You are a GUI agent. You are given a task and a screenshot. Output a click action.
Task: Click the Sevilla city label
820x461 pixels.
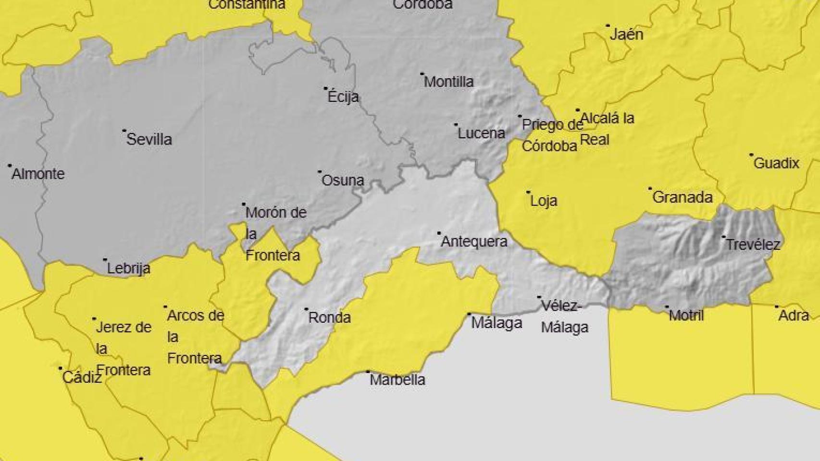(149, 139)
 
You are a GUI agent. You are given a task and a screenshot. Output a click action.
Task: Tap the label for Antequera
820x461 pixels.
(474, 242)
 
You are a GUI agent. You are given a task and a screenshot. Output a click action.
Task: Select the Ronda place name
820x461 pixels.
(329, 317)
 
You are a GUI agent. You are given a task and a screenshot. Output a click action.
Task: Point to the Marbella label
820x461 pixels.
(398, 380)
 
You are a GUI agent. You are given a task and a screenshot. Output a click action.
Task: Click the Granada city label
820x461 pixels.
(682, 197)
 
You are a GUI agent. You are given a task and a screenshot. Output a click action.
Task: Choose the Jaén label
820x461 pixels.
(626, 35)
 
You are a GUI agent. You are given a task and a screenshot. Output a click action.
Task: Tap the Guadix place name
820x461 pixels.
(776, 163)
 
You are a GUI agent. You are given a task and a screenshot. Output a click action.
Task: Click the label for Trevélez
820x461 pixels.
(753, 245)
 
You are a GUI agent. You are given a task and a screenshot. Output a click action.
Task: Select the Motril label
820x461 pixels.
(686, 315)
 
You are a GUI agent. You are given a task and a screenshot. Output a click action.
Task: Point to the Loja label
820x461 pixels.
(544, 201)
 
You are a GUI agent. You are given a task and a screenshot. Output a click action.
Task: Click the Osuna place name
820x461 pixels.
(343, 181)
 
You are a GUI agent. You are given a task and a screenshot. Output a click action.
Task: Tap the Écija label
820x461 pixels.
(343, 97)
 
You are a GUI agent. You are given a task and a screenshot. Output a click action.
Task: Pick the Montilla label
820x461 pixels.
(448, 82)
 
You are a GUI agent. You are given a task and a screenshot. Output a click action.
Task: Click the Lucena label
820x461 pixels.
(481, 133)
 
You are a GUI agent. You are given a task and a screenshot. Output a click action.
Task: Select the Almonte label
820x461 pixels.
(38, 174)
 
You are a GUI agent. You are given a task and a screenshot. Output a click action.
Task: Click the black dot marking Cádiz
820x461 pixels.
(61, 369)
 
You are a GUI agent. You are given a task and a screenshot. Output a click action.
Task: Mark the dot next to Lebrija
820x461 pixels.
(105, 260)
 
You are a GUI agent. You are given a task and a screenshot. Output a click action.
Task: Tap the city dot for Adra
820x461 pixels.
(777, 306)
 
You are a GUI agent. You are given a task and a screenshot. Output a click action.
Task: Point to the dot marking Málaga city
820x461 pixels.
(470, 314)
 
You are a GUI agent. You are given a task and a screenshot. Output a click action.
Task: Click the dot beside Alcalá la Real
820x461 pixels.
(578, 110)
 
